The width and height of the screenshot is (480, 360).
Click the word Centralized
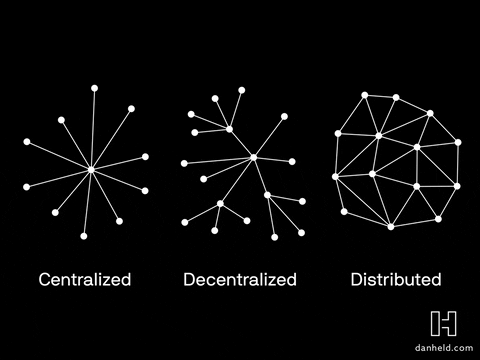click(85, 279)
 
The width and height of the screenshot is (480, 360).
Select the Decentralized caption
click(240, 279)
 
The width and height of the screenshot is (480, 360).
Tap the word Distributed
click(396, 279)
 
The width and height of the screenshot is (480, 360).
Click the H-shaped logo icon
click(443, 323)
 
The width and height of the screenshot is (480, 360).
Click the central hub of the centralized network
click(91, 170)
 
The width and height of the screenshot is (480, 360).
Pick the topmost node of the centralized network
click(95, 88)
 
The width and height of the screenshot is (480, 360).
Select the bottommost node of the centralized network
click(83, 236)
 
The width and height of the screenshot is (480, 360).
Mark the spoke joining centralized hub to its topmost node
click(93, 130)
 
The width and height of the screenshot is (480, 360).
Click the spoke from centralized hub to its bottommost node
click(87, 203)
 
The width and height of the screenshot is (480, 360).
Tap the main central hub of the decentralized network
click(254, 157)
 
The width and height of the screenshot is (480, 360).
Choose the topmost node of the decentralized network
click(241, 90)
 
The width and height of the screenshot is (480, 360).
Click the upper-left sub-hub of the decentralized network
click(229, 129)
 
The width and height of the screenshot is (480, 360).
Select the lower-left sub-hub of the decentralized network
click(220, 204)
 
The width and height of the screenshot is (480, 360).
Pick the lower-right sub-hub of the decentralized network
click(268, 195)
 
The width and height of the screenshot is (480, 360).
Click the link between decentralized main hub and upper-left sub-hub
click(242, 143)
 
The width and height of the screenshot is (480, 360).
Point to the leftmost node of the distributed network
click(335, 177)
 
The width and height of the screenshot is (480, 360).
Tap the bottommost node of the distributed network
click(391, 227)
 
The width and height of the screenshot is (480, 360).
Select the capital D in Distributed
click(357, 279)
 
